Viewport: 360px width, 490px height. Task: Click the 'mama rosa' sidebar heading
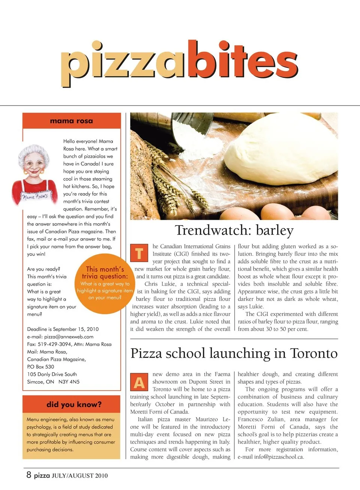[71, 121]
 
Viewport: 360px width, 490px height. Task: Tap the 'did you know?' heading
[74, 404]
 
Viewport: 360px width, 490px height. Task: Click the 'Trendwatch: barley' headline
[234, 230]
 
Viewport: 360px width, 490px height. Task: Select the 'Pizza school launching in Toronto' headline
[234, 353]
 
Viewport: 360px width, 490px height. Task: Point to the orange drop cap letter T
[139, 253]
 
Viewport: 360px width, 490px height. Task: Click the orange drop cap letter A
[139, 382]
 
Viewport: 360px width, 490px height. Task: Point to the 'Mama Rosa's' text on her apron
[35, 196]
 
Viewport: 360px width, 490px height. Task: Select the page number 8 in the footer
[29, 475]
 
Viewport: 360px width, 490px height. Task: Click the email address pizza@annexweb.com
[69, 337]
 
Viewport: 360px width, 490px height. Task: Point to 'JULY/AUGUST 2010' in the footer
[79, 476]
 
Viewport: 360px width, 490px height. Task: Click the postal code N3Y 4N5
[69, 382]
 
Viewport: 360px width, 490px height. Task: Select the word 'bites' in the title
[242, 60]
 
